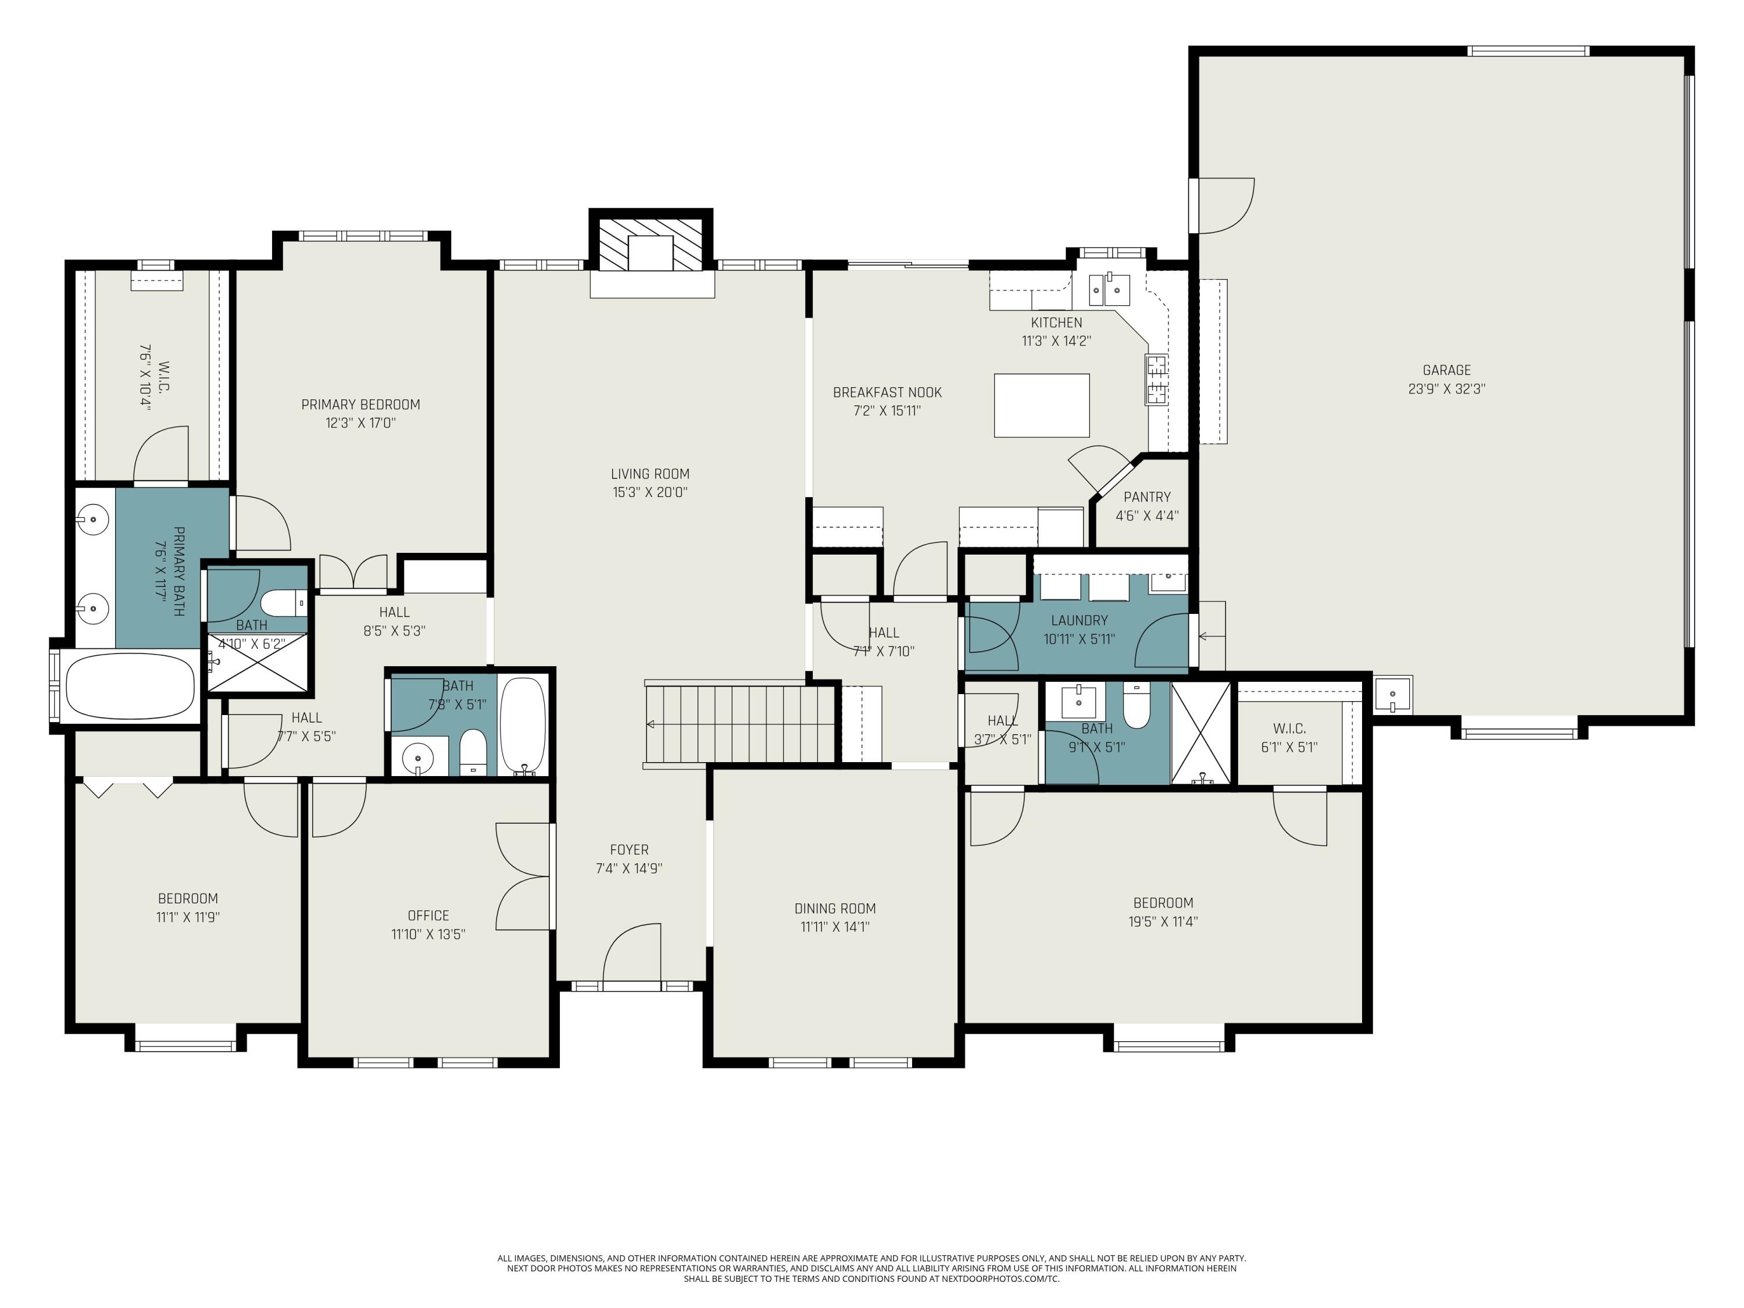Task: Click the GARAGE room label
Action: tap(1446, 370)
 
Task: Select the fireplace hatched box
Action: tap(651, 244)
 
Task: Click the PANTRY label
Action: tap(1146, 496)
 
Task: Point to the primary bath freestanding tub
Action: tap(130, 686)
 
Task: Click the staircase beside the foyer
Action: tap(739, 724)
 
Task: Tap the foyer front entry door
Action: tap(631, 956)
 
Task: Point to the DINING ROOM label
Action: tap(835, 908)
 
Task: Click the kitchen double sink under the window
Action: tap(1109, 290)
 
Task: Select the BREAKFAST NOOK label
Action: tap(887, 392)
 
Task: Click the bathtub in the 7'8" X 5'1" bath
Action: tap(522, 724)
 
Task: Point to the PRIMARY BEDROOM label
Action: tap(360, 405)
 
